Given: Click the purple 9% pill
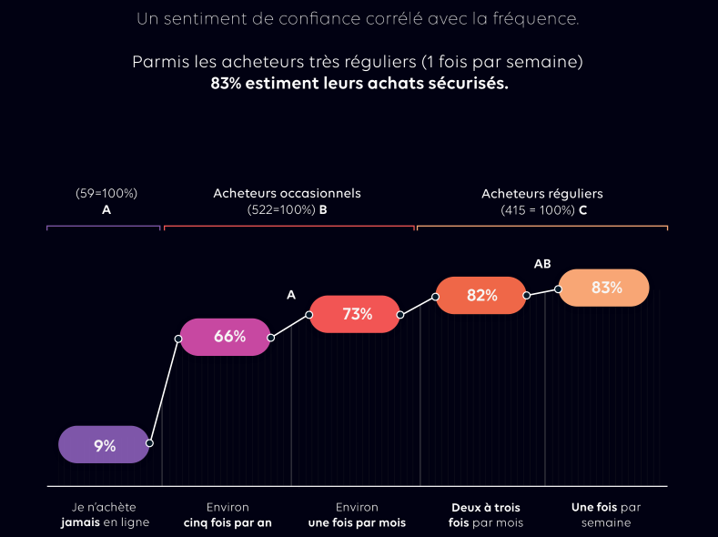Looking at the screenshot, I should point(104,445).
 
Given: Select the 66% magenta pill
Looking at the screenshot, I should point(225,337).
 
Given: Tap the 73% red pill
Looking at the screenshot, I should point(355,314).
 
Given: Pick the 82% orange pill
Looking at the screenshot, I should point(480,295).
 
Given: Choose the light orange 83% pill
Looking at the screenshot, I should point(604,288).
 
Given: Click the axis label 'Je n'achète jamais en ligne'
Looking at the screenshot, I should point(105,515).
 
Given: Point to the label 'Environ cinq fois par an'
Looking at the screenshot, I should point(228,515).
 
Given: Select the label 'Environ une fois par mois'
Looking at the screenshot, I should point(357,515).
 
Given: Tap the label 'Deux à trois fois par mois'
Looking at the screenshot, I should point(486,515).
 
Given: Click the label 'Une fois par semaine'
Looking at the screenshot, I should point(606,515).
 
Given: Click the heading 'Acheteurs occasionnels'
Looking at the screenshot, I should point(287,193).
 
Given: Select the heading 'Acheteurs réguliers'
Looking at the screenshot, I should point(541,194).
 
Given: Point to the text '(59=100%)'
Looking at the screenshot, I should point(106,193).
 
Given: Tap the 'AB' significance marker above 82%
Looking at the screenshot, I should point(542,264).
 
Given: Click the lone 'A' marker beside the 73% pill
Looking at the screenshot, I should point(291,295).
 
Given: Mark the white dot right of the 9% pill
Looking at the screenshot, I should point(149,443).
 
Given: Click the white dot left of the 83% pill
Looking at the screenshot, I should point(559,289).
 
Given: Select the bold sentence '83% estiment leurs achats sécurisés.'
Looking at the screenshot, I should point(359,83).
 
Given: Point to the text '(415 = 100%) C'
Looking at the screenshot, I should point(543,210).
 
